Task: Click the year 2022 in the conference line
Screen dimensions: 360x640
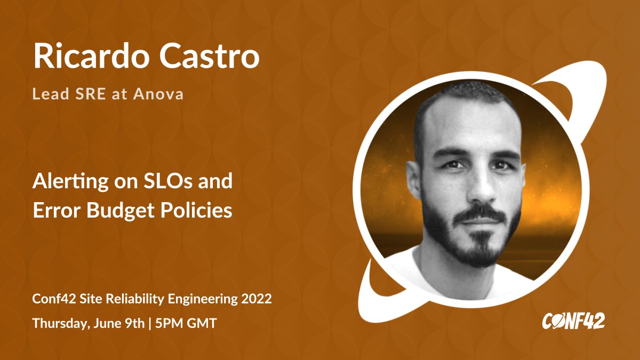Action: pos(258,299)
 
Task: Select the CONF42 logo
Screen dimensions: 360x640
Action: pos(573,321)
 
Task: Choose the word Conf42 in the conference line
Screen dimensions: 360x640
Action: pos(51,299)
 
